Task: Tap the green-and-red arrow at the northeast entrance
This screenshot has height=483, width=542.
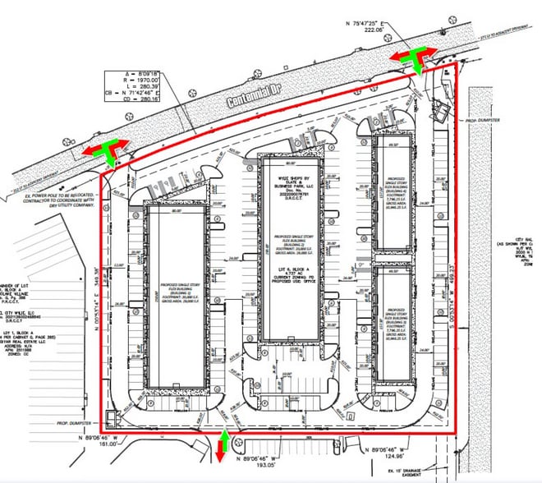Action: point(412,57)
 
